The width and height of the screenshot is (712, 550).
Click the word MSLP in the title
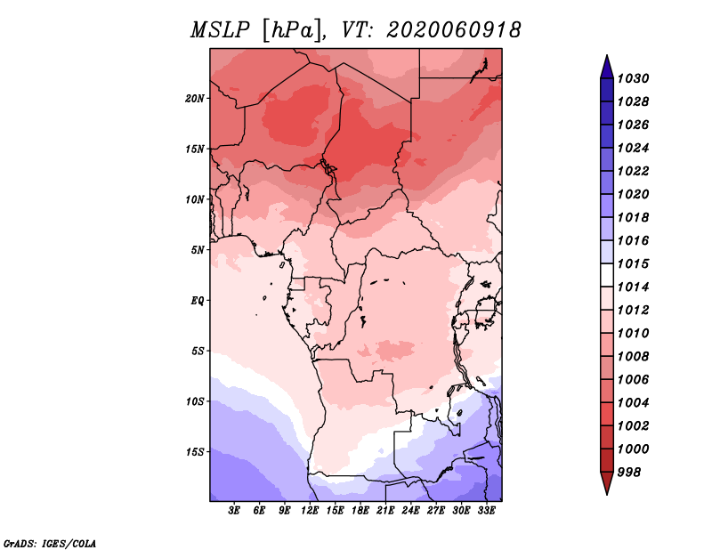pos(220,30)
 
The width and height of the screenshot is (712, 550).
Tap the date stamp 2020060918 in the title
pos(454,30)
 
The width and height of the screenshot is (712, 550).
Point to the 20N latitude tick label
pos(195,99)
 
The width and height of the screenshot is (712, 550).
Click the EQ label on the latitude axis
pos(197,301)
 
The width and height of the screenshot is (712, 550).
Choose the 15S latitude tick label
pos(195,452)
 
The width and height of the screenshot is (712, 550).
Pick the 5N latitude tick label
pos(198,250)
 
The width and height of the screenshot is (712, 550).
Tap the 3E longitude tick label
pos(234,511)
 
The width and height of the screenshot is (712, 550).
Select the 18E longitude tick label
pos(360,511)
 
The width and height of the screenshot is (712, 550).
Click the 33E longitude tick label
pos(486,511)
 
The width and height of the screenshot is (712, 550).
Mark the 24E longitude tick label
pos(410,511)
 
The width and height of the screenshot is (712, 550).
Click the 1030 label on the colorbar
pos(633,78)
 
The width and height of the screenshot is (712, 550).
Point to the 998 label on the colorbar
pos(629,473)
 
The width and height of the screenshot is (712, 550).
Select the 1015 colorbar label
pos(633,263)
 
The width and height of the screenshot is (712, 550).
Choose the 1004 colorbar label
pos(633,403)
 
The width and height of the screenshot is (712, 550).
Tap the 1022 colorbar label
pos(633,171)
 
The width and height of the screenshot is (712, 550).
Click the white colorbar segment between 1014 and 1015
pos(607,275)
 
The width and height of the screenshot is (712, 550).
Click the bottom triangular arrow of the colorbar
pos(607,481)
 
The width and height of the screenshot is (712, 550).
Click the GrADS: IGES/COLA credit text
pos(50,544)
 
